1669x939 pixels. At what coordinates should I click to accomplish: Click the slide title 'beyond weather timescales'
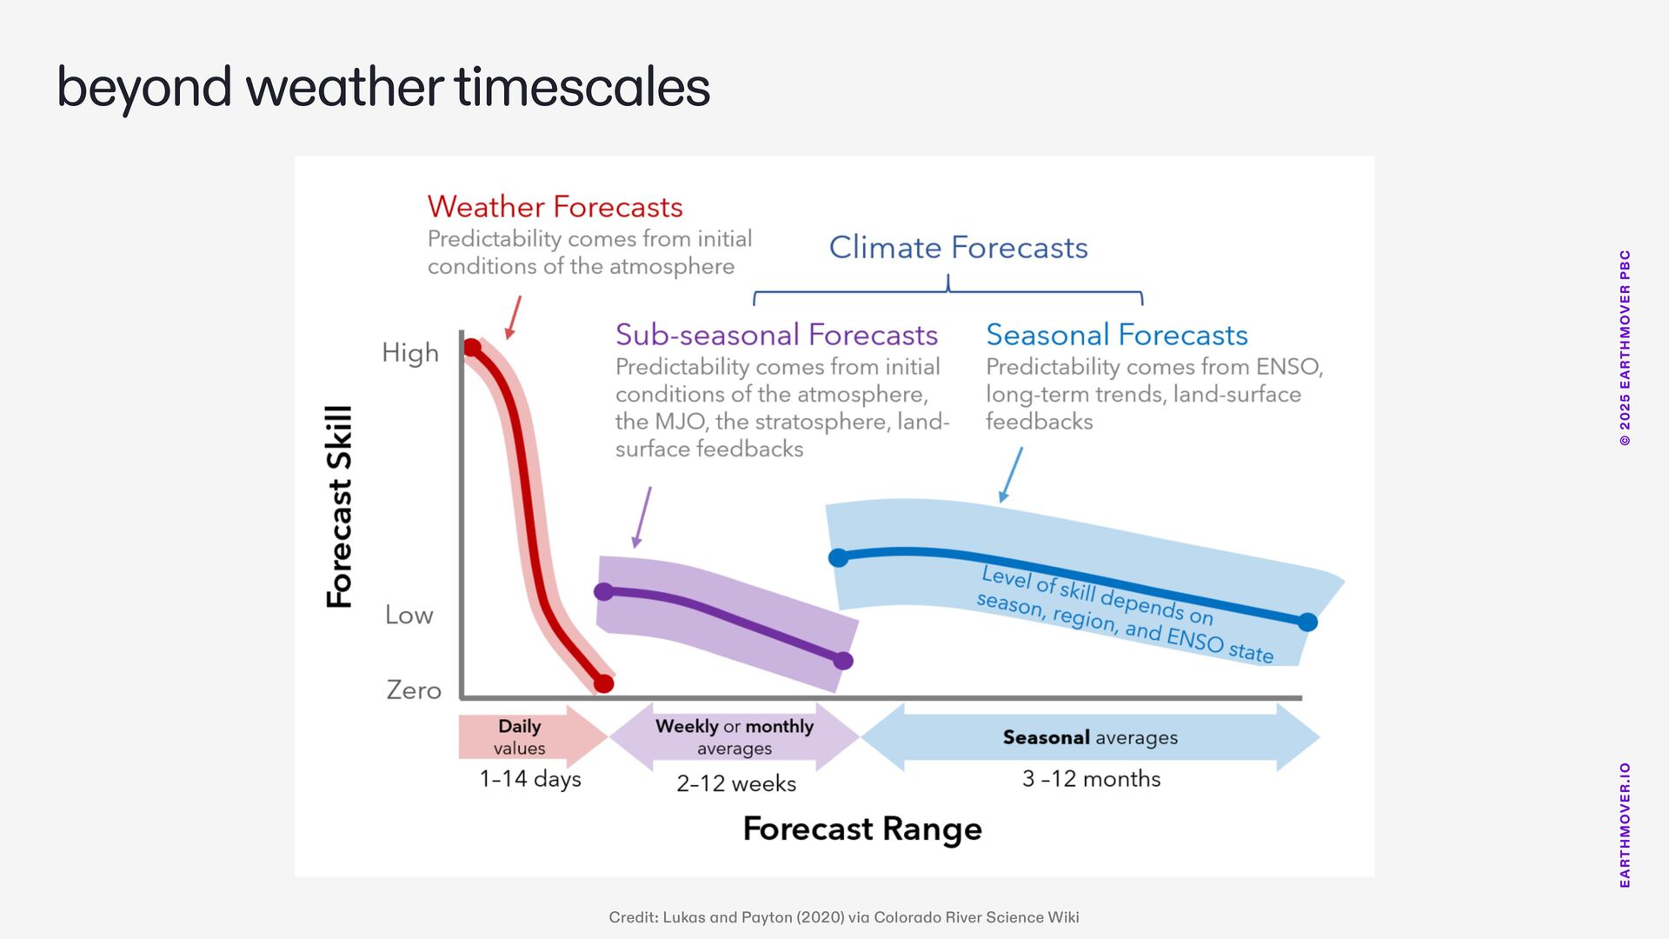click(x=383, y=88)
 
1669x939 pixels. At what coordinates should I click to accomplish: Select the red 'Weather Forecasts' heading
click(x=555, y=207)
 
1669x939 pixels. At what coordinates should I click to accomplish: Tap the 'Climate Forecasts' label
click(x=958, y=248)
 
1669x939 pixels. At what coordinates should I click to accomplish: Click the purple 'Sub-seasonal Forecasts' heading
click(x=776, y=335)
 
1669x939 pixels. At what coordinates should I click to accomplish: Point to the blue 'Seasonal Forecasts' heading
click(x=1116, y=335)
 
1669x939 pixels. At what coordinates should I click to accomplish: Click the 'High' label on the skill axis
click(x=410, y=353)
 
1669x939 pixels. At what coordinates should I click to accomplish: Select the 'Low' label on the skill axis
click(x=409, y=615)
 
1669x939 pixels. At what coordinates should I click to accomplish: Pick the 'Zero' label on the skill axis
click(x=414, y=690)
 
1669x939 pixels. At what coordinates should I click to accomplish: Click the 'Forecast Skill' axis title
click(x=339, y=507)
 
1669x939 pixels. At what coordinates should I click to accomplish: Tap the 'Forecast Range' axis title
click(x=862, y=829)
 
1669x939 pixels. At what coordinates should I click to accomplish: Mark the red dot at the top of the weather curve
click(x=472, y=348)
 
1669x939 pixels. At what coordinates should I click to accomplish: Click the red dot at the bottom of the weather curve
click(x=603, y=683)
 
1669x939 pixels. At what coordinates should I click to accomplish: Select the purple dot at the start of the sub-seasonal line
click(x=603, y=592)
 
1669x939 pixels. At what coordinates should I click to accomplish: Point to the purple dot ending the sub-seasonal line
click(x=843, y=661)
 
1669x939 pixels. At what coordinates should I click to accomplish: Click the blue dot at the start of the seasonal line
click(x=838, y=557)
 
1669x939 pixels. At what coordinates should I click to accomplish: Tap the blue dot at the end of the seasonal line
click(x=1307, y=622)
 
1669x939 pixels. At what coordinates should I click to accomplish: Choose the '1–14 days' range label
click(x=530, y=779)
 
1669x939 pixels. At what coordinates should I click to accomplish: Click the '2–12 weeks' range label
click(x=736, y=783)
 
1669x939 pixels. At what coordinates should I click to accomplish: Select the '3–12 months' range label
click(x=1091, y=779)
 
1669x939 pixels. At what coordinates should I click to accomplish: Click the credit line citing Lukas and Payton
click(x=844, y=917)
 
